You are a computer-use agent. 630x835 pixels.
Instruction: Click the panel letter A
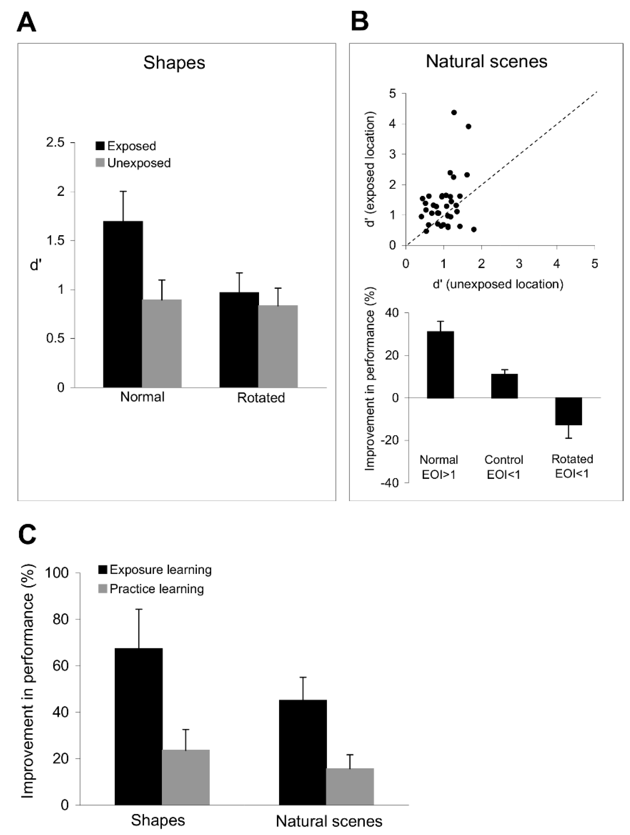[x=26, y=22]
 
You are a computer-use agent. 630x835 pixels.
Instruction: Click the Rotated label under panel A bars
[x=261, y=398]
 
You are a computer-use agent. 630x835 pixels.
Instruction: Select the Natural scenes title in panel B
[x=486, y=61]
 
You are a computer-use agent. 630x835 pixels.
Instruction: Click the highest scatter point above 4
[x=454, y=112]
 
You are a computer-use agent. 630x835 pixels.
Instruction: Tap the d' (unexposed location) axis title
[x=498, y=284]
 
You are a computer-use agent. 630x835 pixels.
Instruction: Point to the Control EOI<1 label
[x=504, y=467]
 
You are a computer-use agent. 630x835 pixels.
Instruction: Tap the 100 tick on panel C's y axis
[x=57, y=573]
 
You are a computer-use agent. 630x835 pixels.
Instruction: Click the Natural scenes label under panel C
[x=329, y=821]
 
